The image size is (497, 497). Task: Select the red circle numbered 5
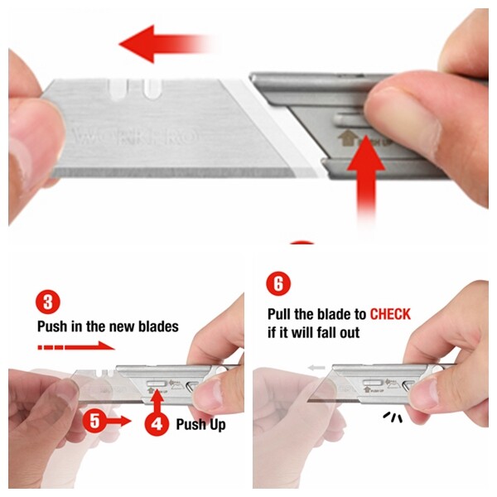(x=95, y=421)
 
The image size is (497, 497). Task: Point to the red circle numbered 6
(x=278, y=285)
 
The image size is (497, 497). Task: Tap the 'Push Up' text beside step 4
(x=200, y=425)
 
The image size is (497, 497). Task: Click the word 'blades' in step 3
(x=157, y=326)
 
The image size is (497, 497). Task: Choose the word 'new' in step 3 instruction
(x=119, y=326)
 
